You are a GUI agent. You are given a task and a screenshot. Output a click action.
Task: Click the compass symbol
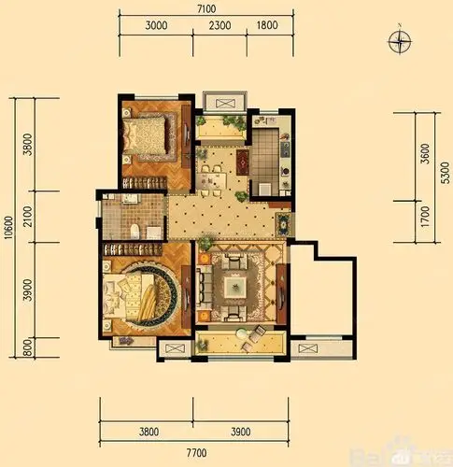click(x=402, y=39)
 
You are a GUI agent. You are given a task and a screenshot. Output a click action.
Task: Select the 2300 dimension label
click(x=220, y=27)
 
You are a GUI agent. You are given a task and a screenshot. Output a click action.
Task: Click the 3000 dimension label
click(x=158, y=27)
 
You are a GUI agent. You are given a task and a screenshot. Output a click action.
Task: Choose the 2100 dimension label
click(x=28, y=217)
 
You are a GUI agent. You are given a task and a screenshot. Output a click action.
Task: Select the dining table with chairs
click(x=213, y=173)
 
